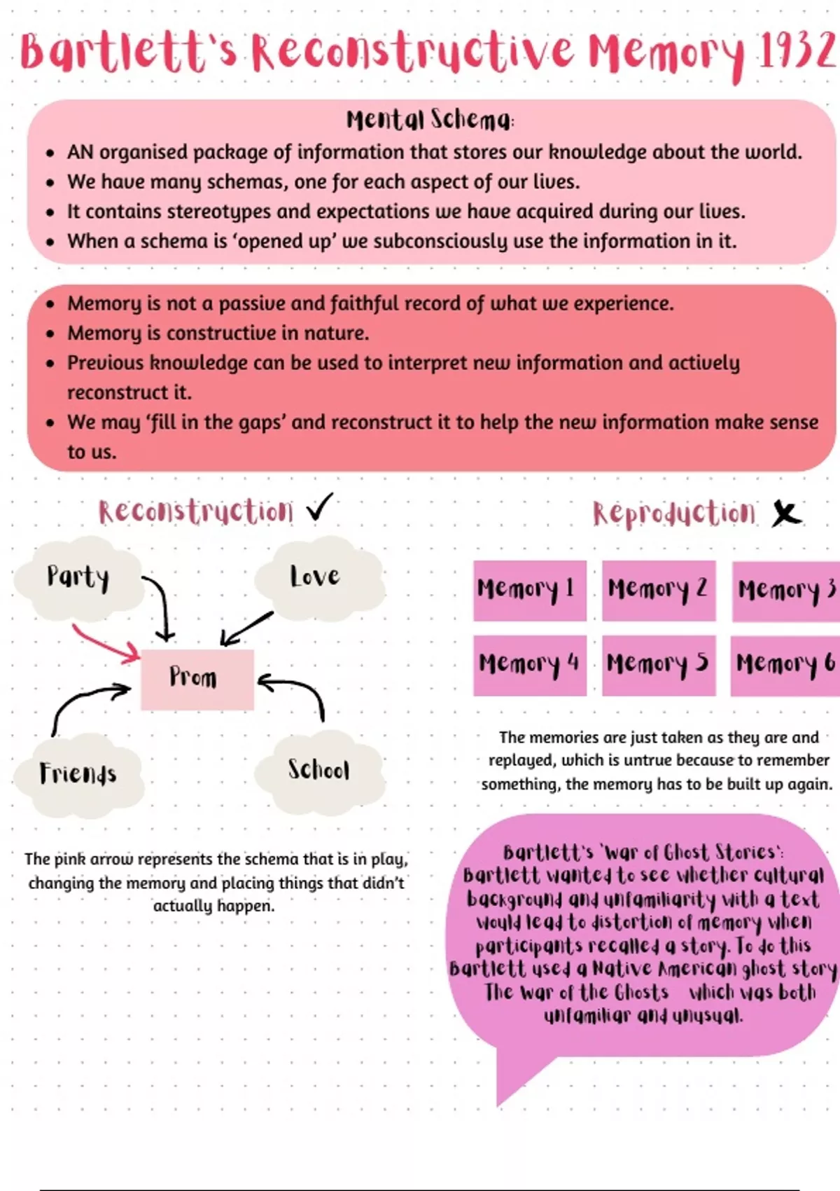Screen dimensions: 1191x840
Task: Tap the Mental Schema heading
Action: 430,120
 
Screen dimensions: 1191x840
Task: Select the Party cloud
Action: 78,577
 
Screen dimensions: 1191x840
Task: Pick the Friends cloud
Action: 78,773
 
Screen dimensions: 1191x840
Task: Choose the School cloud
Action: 318,769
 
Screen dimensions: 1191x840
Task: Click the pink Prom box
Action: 197,678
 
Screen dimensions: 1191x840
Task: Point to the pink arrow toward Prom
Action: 105,643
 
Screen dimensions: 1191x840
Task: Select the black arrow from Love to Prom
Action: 246,628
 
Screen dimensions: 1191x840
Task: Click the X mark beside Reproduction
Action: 786,514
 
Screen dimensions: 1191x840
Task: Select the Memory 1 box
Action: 529,590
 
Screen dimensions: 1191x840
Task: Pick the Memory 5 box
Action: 658,664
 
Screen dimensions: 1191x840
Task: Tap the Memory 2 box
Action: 658,590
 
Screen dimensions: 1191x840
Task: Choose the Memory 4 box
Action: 529,664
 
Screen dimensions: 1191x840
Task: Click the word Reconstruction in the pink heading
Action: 196,511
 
